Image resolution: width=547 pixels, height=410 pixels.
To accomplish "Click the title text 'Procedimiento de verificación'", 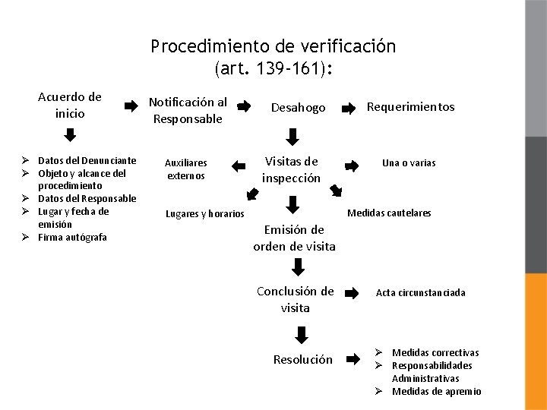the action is (x=273, y=46).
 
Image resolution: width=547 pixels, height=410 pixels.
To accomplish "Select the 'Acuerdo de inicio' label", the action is (x=70, y=106).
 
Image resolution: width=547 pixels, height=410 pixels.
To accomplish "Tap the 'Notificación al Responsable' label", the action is (x=188, y=110).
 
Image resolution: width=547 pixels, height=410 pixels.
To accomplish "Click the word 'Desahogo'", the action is (x=299, y=109).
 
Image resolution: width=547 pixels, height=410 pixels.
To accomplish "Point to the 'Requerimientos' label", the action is (x=410, y=107).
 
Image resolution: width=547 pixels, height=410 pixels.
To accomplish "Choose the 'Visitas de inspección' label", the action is (x=291, y=169).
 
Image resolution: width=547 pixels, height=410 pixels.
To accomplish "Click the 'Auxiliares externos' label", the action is (x=186, y=169).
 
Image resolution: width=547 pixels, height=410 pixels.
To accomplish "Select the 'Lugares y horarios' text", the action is (x=205, y=214).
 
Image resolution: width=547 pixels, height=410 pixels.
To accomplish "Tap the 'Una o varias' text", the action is (x=409, y=162).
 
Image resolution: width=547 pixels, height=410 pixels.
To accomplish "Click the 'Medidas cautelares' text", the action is (x=389, y=213).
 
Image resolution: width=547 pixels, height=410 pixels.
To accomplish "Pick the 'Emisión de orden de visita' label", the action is (x=294, y=238).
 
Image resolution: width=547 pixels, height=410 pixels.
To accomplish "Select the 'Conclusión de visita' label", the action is (x=296, y=299).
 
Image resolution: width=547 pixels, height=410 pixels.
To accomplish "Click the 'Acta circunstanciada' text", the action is (x=421, y=292).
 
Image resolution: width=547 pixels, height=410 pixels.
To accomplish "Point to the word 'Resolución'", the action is (x=303, y=359).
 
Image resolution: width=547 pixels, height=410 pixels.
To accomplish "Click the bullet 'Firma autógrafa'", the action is (x=73, y=237).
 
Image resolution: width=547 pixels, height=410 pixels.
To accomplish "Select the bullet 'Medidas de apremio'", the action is (x=436, y=391).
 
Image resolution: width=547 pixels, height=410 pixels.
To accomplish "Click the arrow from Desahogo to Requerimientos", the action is (x=349, y=109).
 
